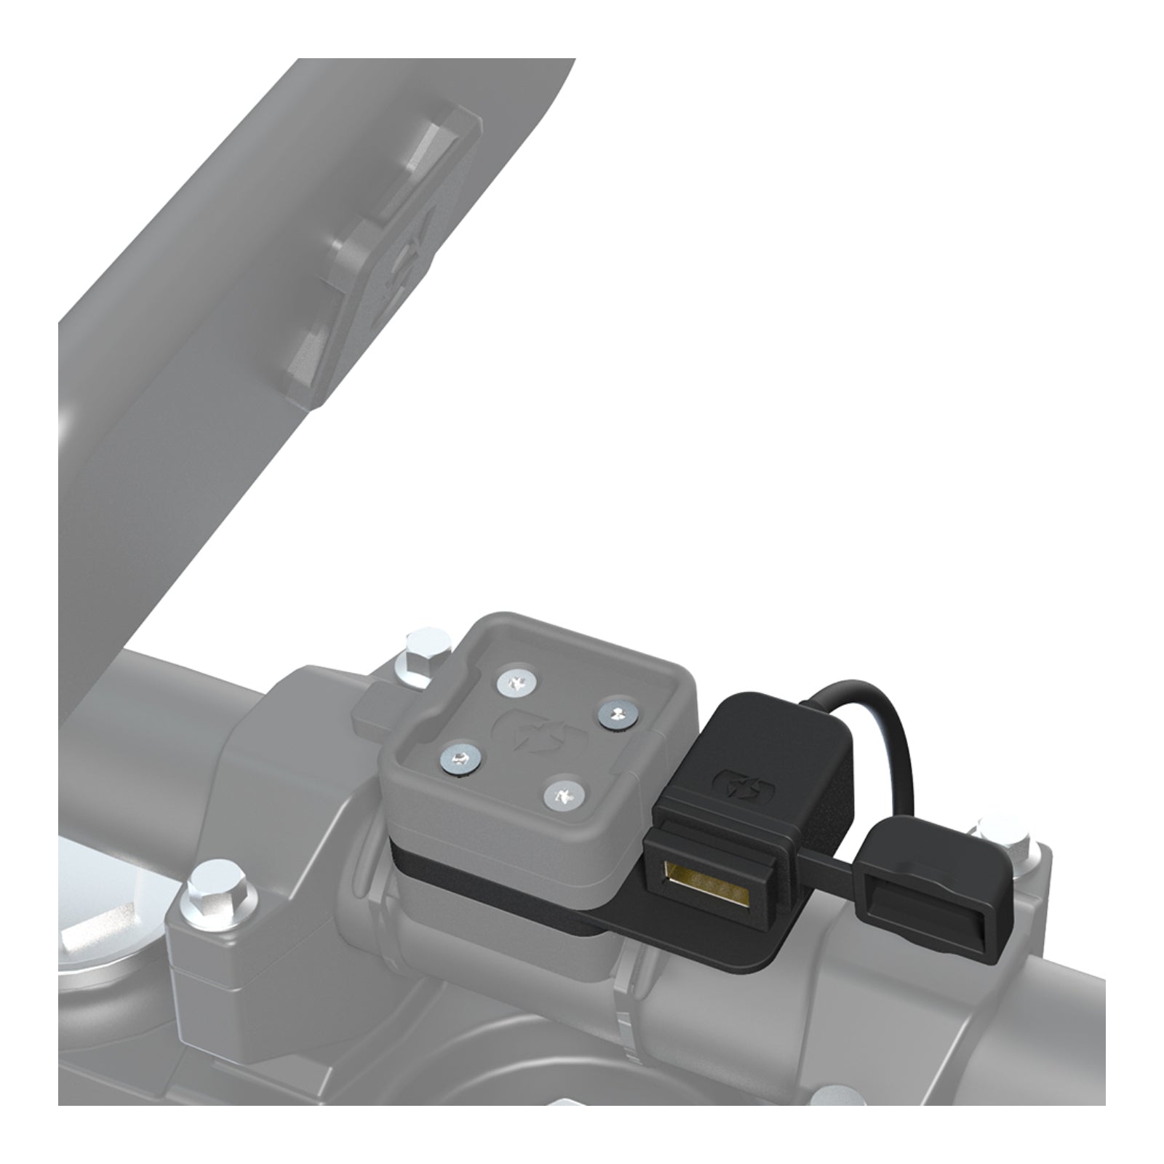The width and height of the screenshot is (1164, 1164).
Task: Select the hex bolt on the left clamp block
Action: pyautogui.click(x=214, y=901)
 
